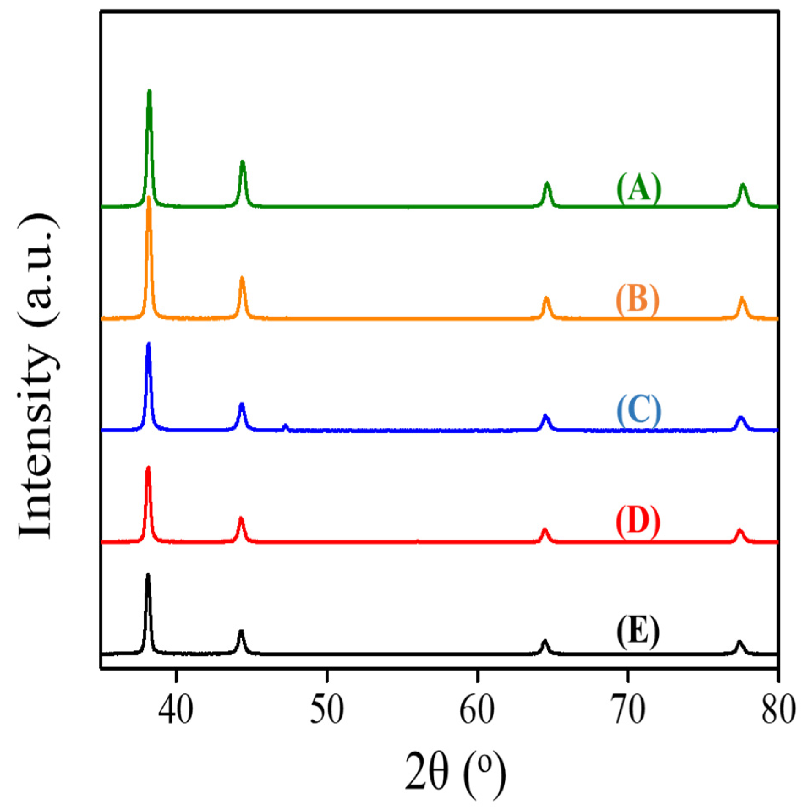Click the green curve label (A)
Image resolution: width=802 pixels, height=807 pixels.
tap(638, 189)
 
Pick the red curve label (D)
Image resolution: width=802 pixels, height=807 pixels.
tap(637, 523)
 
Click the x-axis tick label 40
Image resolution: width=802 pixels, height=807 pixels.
tap(176, 710)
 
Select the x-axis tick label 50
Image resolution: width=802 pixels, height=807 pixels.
tap(326, 710)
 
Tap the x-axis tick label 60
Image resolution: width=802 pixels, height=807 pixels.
tap(477, 710)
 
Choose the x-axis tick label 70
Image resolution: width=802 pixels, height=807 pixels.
tap(627, 710)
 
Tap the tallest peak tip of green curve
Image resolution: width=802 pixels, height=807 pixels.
tap(149, 91)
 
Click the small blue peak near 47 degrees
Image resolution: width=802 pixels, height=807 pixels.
tap(285, 425)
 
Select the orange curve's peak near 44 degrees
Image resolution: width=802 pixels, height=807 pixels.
tap(242, 278)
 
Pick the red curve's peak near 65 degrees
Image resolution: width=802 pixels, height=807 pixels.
tap(545, 530)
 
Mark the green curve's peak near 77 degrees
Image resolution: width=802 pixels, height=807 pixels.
tap(743, 185)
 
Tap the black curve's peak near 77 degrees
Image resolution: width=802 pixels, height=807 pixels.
tap(739, 643)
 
